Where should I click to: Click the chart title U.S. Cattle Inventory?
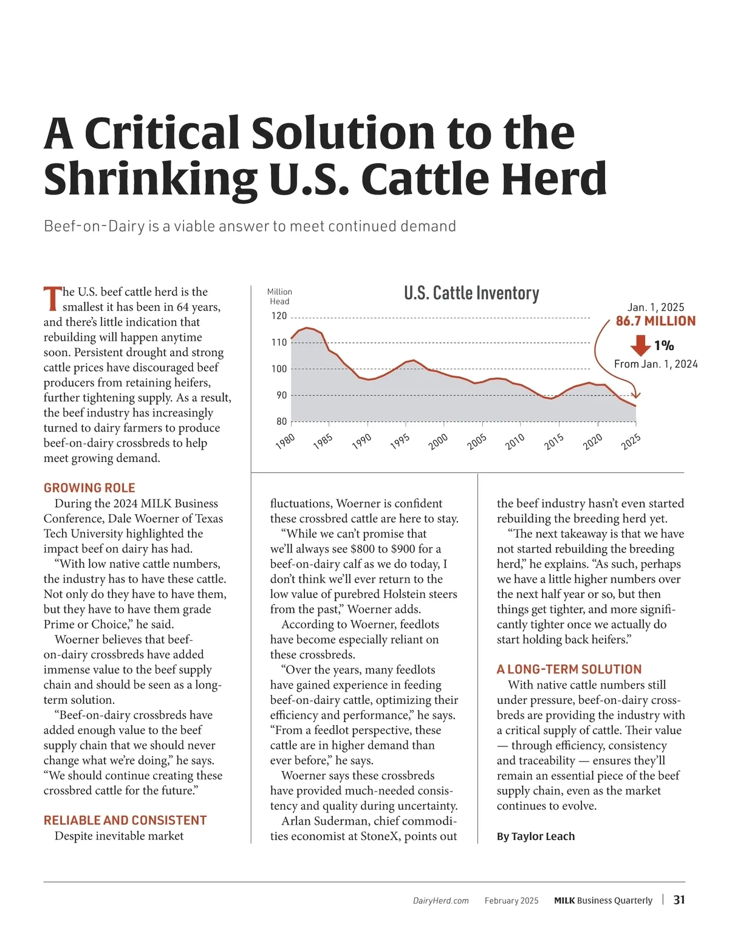(471, 294)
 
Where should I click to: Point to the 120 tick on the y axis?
(279, 316)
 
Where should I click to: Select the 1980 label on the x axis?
(285, 441)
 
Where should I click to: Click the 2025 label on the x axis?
(631, 442)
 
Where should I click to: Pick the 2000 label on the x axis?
(438, 442)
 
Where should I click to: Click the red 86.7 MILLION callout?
(655, 322)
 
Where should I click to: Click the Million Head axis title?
(279, 297)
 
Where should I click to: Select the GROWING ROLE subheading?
(89, 487)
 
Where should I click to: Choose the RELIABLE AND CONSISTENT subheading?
(125, 821)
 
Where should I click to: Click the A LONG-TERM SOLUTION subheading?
(569, 669)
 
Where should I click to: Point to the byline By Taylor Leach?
(535, 836)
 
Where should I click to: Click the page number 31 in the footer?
(679, 900)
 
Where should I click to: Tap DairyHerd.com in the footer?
(440, 901)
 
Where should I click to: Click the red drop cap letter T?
(52, 298)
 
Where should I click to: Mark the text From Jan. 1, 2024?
(655, 364)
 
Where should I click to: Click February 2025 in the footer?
(512, 901)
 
